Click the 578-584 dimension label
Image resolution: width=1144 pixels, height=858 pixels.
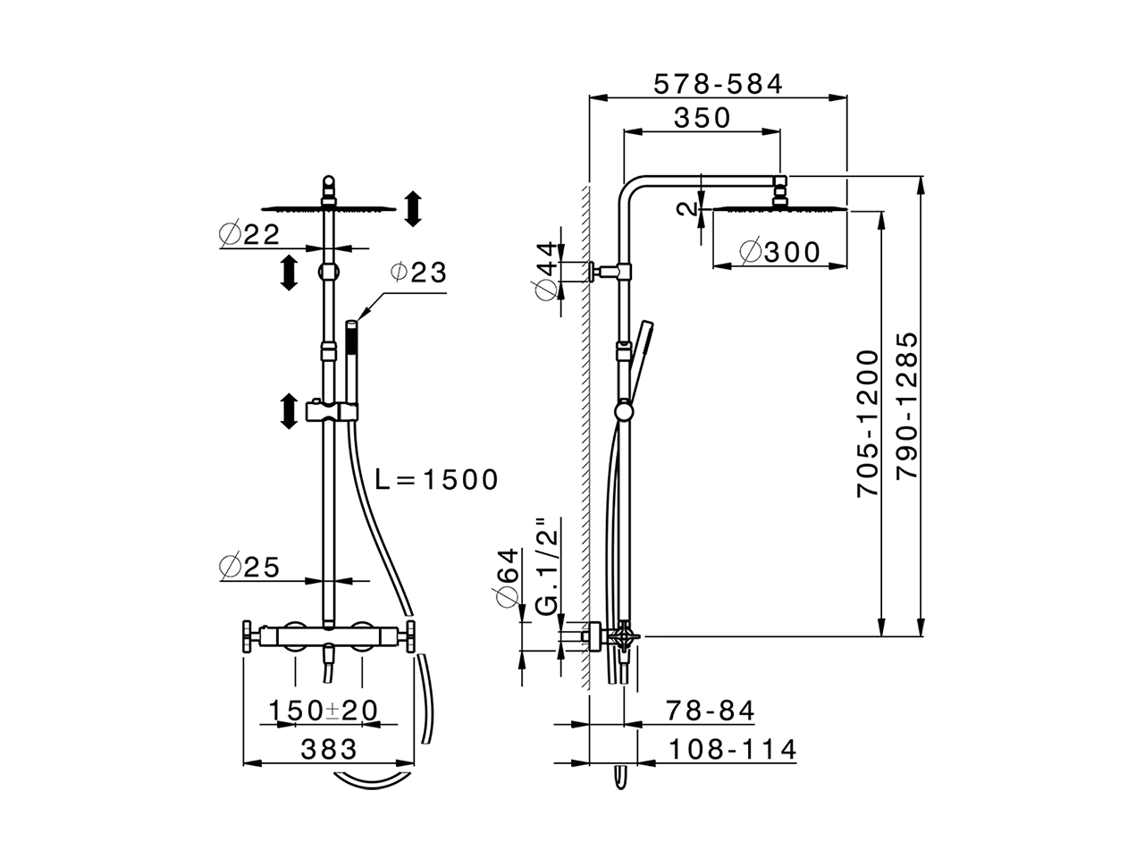(x=718, y=84)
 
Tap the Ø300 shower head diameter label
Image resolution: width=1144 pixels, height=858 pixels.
(x=779, y=253)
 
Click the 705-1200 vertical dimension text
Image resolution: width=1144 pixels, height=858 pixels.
(x=868, y=424)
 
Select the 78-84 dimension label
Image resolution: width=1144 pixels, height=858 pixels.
(x=711, y=711)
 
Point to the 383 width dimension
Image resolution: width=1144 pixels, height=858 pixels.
(x=328, y=749)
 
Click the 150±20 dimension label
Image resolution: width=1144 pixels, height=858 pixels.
(x=324, y=711)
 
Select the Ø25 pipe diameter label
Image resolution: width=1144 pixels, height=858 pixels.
(x=250, y=567)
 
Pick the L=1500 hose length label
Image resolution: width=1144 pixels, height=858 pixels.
(x=435, y=480)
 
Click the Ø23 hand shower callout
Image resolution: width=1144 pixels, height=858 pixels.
(x=418, y=273)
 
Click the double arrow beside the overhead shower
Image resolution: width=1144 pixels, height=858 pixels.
(x=412, y=208)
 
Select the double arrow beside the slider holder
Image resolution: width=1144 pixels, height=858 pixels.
(x=289, y=411)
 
